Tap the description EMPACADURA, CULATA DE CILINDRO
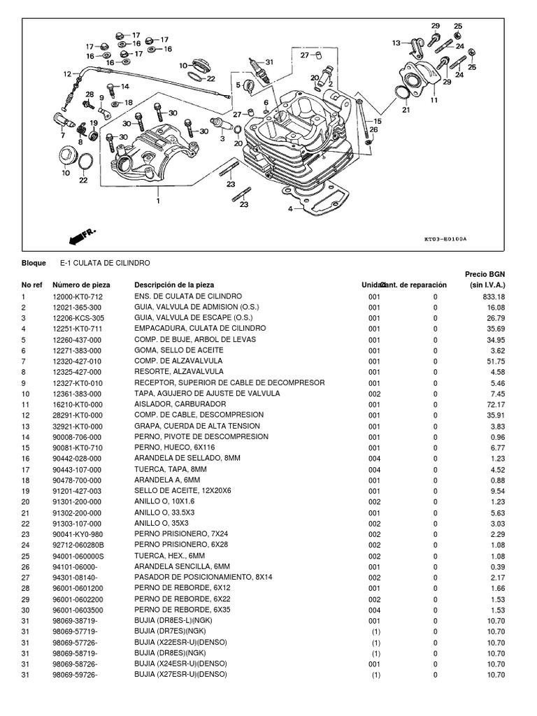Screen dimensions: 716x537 click(200, 329)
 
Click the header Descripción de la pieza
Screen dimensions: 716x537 click(174, 285)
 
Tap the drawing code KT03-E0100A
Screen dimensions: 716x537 click(445, 238)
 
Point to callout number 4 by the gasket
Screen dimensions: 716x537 click(289, 208)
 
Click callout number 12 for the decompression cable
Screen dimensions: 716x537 click(67, 73)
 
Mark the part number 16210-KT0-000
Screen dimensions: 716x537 click(77, 404)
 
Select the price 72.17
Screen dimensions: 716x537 click(495, 404)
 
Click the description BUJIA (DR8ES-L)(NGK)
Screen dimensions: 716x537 click(176, 621)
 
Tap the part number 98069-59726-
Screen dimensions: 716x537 click(75, 675)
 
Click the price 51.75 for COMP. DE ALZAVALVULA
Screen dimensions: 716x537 click(495, 361)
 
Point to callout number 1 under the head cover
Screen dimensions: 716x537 click(159, 201)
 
